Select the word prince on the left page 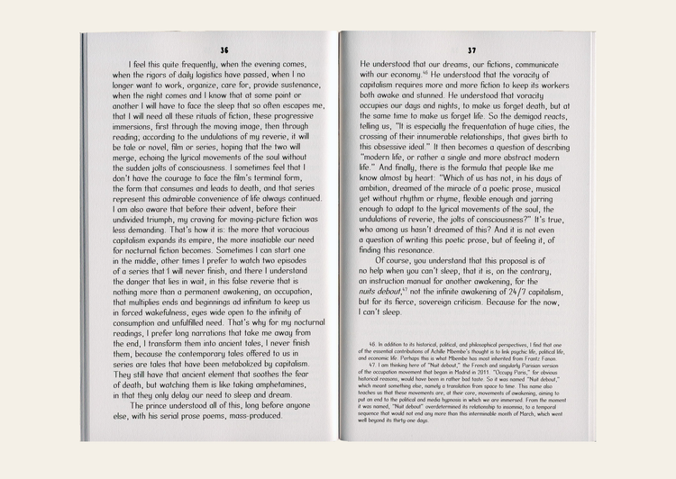(x=166, y=407)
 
